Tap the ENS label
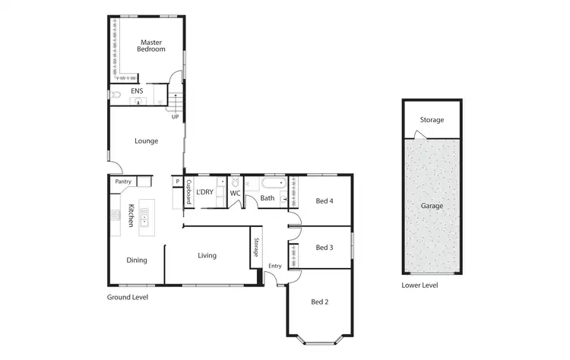coord(137,92)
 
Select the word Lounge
coord(146,141)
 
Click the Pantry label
coord(123,182)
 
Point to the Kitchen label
coord(131,216)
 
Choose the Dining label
coord(137,261)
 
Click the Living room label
coord(207,256)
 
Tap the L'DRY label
coord(205,192)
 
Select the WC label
coord(236,193)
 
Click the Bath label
coord(268,199)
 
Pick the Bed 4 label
coord(325,201)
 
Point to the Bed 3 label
coord(325,248)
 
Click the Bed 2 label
coord(320,302)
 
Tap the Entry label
coord(274,266)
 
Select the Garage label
coord(432,206)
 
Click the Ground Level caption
coord(127,298)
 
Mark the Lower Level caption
coord(420,286)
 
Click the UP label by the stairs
coord(175,117)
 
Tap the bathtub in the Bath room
coord(273,183)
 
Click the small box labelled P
coord(177,182)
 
